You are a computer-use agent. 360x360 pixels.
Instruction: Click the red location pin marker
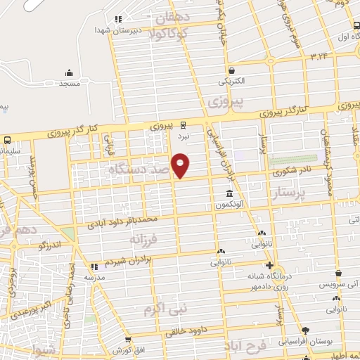[181, 165]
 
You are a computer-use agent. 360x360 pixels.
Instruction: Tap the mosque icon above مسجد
[69, 72]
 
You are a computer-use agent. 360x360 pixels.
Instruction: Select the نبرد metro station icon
[184, 126]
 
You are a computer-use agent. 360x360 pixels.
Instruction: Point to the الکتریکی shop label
[231, 81]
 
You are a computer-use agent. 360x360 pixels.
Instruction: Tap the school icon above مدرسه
[95, 266]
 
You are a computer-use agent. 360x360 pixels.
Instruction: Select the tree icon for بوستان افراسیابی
[304, 330]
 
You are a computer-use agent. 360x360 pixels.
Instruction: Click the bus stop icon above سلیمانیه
[6, 139]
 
